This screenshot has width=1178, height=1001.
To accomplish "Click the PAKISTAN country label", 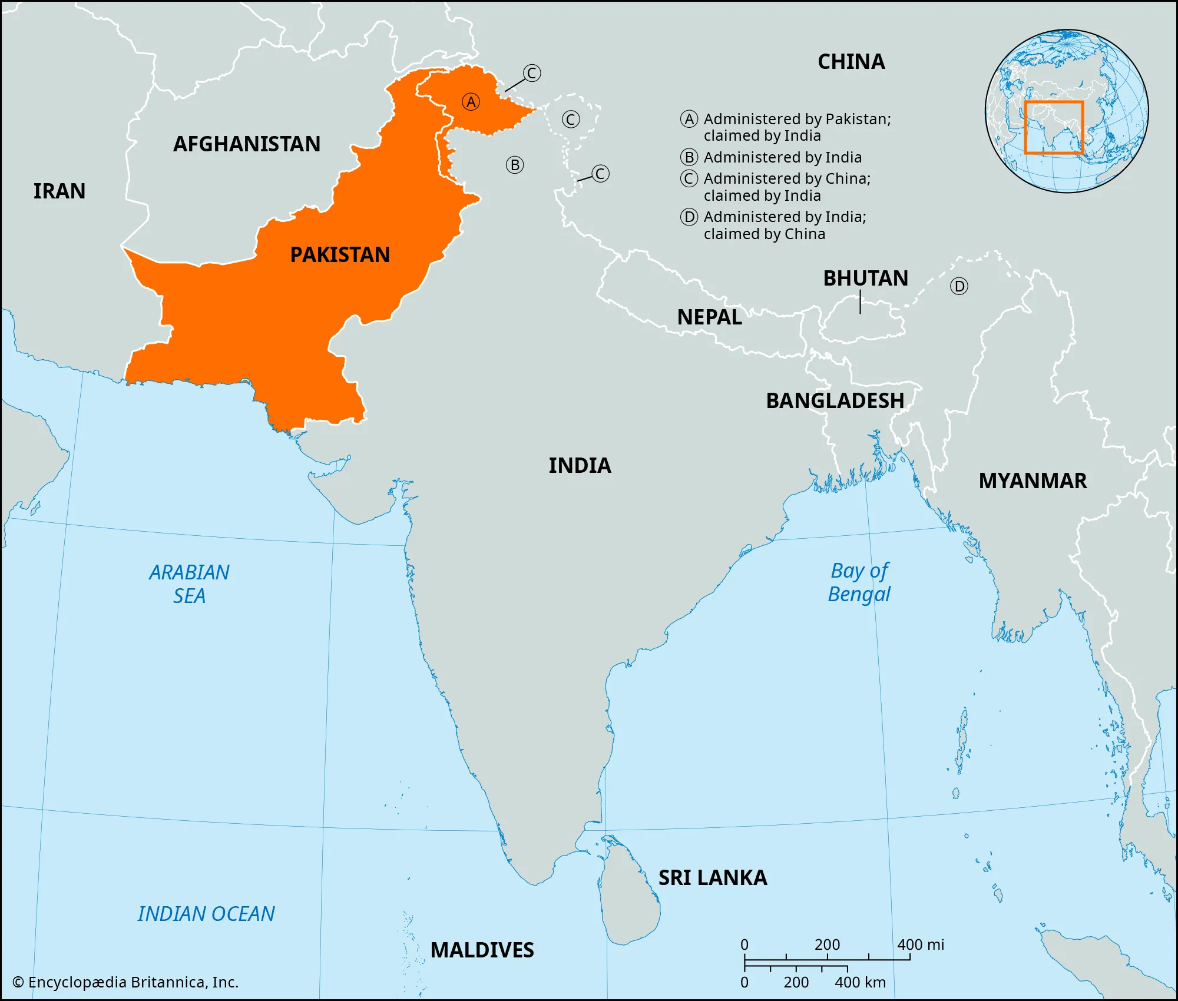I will [340, 254].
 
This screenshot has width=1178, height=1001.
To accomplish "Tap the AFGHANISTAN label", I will [247, 144].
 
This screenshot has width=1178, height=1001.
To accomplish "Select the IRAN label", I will [59, 191].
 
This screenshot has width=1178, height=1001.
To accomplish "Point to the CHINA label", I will [851, 61].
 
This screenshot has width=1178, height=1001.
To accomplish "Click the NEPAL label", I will [709, 317].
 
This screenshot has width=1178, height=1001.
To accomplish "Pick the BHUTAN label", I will [865, 278].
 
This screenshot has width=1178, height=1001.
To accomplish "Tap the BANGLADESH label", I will [835, 400].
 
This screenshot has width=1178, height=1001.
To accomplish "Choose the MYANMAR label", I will [1033, 480].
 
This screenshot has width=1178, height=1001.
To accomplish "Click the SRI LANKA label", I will [713, 877].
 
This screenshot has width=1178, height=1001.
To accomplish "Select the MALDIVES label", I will [482, 950].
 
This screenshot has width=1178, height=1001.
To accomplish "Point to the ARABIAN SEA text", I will [189, 584].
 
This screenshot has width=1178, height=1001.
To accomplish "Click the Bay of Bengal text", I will [859, 582].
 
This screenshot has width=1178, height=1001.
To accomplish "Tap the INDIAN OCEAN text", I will [206, 913].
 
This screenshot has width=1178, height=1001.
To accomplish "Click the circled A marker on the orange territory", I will [471, 102].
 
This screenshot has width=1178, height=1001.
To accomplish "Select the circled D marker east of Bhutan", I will [959, 287].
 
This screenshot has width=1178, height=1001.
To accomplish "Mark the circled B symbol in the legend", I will [689, 157].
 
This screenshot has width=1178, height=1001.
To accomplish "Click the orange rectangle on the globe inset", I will [1054, 128].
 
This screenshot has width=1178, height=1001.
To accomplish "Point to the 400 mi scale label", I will [920, 945].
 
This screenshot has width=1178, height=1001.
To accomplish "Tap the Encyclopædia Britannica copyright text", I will [125, 982].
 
